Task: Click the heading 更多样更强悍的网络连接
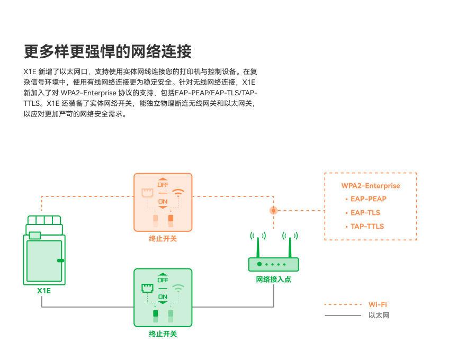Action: pos(107,52)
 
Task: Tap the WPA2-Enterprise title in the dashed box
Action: pos(370,186)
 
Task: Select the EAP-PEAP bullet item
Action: pos(369,199)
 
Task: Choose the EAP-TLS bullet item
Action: pos(365,213)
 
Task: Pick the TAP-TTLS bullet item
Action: pos(367,227)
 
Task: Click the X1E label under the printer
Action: pos(44,291)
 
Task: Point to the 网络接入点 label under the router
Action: pos(273,280)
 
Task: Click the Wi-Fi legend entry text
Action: pos(378,304)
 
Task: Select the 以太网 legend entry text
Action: pos(379,316)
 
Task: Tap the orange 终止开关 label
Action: pos(163,239)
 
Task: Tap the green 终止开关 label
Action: pos(163,334)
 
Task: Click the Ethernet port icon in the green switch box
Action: pos(147,288)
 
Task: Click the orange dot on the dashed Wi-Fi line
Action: pos(273,210)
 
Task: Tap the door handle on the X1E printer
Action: pos(60,260)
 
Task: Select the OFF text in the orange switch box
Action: pos(163,185)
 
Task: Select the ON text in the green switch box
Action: pos(163,296)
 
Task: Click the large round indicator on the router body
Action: pos(259,264)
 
